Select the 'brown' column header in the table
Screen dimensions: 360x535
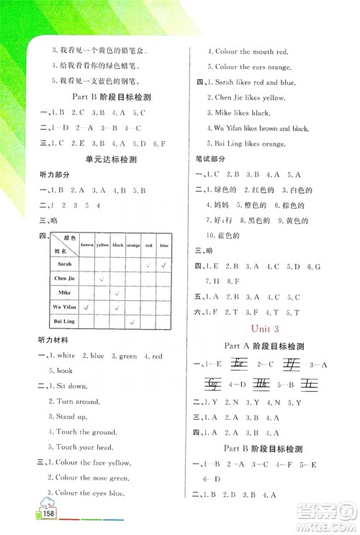[86, 245]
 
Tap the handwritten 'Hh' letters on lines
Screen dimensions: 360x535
[261, 383]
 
